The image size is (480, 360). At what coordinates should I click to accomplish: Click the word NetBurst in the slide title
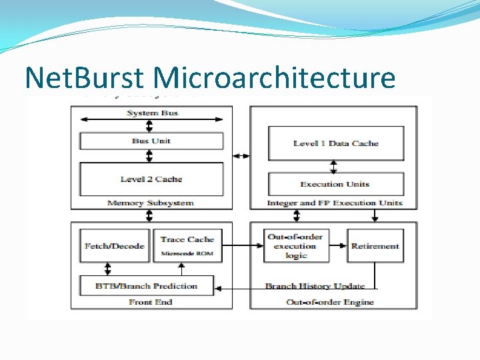(83, 78)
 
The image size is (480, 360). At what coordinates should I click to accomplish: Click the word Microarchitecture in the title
(274, 78)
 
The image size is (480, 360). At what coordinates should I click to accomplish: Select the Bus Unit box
(151, 141)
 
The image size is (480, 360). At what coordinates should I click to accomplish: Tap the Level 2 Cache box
(151, 179)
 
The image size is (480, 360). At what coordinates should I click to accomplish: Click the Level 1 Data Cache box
(335, 143)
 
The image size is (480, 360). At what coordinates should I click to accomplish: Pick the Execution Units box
(335, 184)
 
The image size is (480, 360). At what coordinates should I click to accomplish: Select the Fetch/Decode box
(115, 246)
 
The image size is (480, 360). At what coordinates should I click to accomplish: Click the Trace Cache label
(187, 239)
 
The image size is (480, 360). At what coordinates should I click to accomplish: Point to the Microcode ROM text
(187, 254)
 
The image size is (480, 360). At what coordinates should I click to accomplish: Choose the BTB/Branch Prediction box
(147, 286)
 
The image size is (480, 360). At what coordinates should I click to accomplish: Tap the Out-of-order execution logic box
(296, 246)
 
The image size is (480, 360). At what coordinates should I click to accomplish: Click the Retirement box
(375, 246)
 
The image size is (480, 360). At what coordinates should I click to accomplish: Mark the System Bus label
(152, 113)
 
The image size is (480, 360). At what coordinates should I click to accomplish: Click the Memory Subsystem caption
(151, 203)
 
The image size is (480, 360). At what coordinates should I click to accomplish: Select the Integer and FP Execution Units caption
(335, 203)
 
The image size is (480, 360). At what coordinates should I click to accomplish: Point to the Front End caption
(151, 302)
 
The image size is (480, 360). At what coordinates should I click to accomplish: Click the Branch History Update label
(315, 286)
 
